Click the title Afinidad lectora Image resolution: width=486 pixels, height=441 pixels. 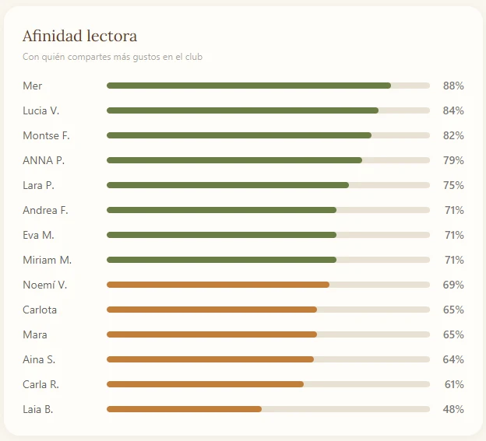pos(79,36)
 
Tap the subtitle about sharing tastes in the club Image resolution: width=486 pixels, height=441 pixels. pos(112,57)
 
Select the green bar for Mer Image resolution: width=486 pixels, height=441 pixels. pos(248,86)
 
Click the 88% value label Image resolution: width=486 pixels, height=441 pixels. pos(453,86)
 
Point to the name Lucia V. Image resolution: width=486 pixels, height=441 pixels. pos(41,110)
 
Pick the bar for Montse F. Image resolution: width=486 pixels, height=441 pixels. pos(239,135)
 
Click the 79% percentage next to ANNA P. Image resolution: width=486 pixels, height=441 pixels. pos(453,160)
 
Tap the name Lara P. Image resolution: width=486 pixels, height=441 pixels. pos(38,185)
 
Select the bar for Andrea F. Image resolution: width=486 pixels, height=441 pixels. pos(221,210)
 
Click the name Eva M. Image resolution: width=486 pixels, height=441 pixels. pos(38,235)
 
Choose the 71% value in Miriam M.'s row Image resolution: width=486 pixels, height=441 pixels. pos(454,260)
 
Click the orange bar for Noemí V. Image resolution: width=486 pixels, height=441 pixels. pos(218,285)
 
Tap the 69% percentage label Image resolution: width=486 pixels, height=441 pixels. pos(453,285)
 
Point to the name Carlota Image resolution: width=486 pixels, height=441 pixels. pos(40,310)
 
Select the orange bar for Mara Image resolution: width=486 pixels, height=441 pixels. pos(212,334)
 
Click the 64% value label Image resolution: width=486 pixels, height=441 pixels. pos(453,359)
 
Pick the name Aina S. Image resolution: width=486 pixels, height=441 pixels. pos(39,359)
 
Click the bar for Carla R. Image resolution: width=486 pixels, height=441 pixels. pos(205,384)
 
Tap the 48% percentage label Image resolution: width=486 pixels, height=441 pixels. pos(453,409)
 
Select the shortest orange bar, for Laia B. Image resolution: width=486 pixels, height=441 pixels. pos(184,409)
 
